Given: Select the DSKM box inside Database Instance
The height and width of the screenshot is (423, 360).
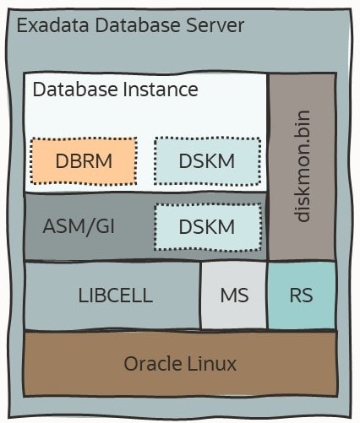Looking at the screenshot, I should click(x=206, y=160).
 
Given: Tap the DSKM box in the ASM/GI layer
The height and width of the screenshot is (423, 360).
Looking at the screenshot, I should click(x=206, y=226).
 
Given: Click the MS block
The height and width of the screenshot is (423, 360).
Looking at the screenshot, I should click(x=234, y=296).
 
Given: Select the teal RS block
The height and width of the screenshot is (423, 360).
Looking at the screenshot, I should click(x=301, y=296).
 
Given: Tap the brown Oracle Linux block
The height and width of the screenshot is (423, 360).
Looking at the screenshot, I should click(x=179, y=365).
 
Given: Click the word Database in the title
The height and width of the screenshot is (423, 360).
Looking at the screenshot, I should click(x=132, y=25).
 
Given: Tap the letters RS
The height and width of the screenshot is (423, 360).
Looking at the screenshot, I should click(x=301, y=296).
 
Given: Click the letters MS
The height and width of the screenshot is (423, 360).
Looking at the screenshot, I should click(x=234, y=296).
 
